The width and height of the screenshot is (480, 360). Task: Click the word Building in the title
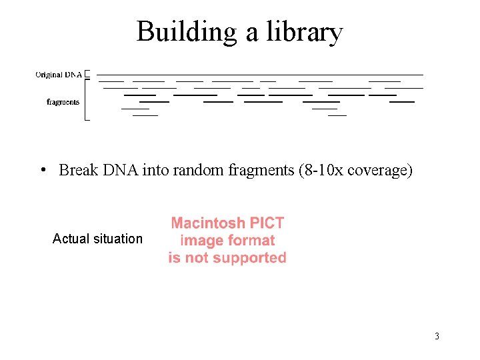[187, 31]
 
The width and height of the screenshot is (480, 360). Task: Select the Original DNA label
[59, 75]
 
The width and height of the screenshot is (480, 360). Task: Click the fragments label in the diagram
[63, 102]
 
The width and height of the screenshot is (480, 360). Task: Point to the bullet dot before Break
[42, 171]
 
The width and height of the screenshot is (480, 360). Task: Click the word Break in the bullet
[78, 171]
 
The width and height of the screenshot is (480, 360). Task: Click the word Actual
[69, 239]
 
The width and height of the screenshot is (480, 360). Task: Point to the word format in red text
[252, 241]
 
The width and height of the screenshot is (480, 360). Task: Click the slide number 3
[437, 336]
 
